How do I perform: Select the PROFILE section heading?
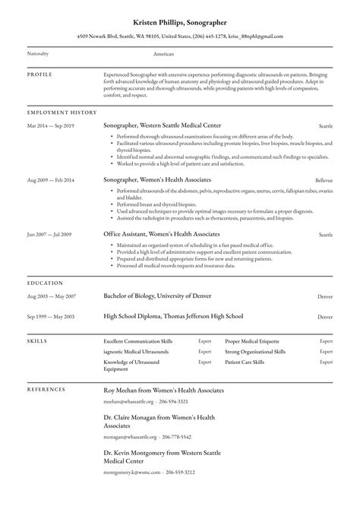(40, 75)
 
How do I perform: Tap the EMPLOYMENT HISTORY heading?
(62, 112)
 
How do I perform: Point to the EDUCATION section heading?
(46, 283)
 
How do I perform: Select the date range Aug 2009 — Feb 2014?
(51, 180)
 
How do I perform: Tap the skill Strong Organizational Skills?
(255, 353)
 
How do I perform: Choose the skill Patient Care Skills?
(245, 363)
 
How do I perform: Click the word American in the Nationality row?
(163, 55)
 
